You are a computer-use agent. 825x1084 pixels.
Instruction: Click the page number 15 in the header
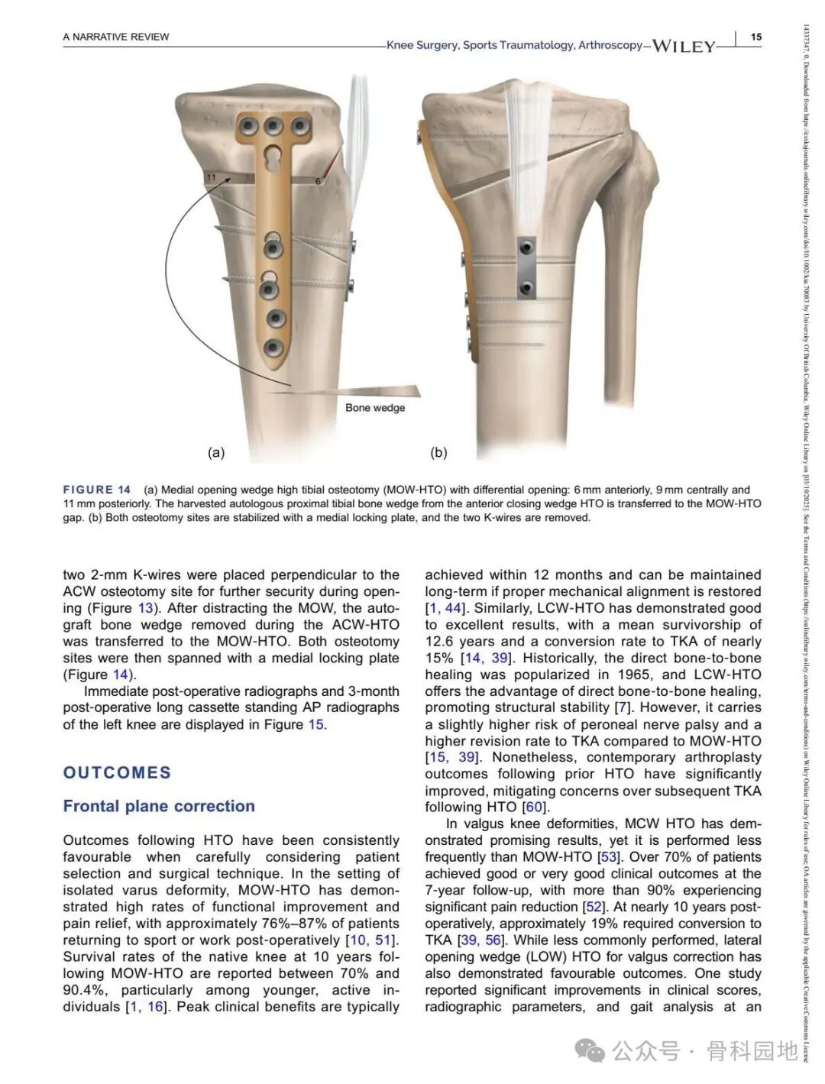tap(755, 37)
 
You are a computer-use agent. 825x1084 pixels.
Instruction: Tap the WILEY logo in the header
tap(683, 46)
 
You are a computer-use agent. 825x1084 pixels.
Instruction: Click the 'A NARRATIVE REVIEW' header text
tap(116, 37)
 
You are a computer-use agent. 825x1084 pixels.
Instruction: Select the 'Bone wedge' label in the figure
tap(375, 408)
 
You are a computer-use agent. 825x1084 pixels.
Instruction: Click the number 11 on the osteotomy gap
tap(212, 178)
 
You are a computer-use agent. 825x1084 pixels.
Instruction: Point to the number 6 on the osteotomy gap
tap(318, 181)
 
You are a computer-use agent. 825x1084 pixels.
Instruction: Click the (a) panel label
tap(216, 452)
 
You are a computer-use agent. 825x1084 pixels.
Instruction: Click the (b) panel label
tap(438, 452)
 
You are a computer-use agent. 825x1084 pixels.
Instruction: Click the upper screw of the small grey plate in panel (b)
tap(525, 248)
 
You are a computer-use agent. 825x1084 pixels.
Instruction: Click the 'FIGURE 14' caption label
tap(97, 490)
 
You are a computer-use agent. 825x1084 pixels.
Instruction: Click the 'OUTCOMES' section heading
tap(117, 772)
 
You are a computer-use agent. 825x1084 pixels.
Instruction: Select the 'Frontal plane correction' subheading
tap(159, 806)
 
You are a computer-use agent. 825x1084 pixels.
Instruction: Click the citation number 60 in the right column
tap(534, 807)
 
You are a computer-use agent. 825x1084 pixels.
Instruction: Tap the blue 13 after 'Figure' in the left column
tap(145, 608)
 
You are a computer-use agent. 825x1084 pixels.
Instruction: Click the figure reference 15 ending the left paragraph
tap(315, 724)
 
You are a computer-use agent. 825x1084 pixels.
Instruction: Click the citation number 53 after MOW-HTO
tap(609, 857)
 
